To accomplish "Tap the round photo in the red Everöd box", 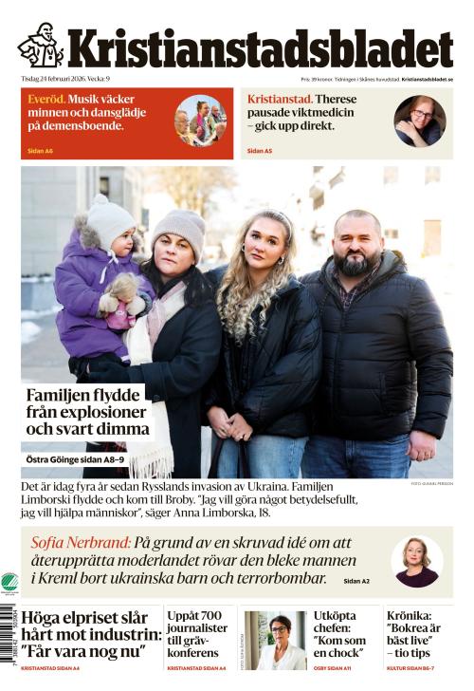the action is coord(200,121).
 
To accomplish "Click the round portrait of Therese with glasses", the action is coord(419,121).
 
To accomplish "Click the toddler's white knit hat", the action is coord(111,221).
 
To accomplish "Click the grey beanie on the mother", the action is coord(179,229).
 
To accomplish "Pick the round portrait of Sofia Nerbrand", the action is coord(416,562).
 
